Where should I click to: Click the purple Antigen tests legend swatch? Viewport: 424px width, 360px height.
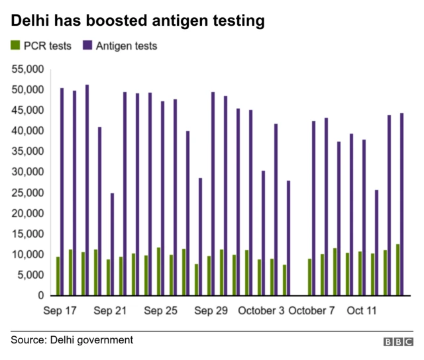[87, 46]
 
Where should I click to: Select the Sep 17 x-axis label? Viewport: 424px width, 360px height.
[60, 310]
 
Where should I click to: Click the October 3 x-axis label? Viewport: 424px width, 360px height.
[261, 310]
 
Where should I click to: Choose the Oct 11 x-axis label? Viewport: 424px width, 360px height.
[362, 310]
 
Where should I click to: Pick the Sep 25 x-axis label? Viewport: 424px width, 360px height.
[161, 310]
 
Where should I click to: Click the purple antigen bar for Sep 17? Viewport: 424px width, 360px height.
[62, 192]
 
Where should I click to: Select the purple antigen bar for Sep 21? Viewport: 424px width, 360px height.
[112, 244]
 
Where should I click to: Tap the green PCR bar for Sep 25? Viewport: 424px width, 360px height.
[158, 271]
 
